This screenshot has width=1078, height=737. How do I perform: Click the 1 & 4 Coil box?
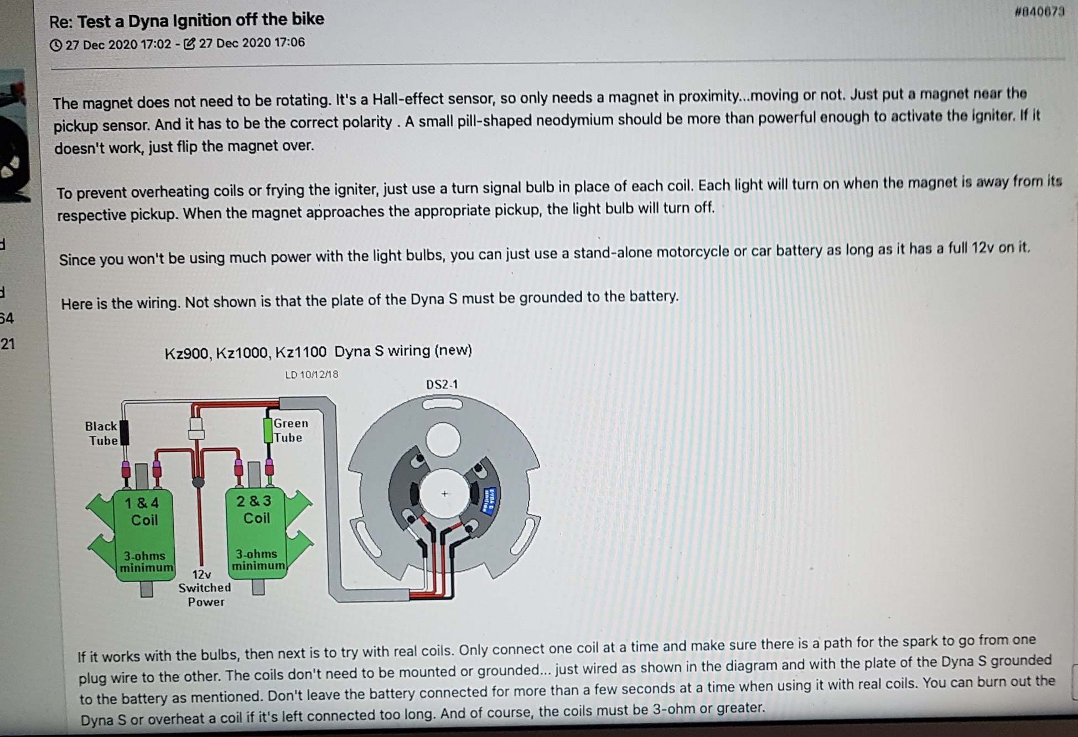[145, 535]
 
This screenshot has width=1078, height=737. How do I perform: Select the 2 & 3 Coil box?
[256, 532]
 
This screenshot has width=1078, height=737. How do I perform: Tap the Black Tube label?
[101, 433]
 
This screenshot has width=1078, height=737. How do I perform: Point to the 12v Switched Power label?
[204, 588]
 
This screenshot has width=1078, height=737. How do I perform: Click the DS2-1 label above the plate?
[442, 384]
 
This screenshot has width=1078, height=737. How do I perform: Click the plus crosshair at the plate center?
[444, 493]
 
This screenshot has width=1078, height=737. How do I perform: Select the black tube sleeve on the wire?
[125, 432]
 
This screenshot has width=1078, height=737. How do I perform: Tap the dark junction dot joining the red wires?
[198, 482]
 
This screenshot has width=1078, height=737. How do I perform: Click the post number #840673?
[1039, 12]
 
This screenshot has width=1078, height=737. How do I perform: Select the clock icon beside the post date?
[56, 45]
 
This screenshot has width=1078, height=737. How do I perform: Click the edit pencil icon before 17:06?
[189, 43]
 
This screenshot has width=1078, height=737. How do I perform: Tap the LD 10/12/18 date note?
[312, 374]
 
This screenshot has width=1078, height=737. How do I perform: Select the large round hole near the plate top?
[443, 440]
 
